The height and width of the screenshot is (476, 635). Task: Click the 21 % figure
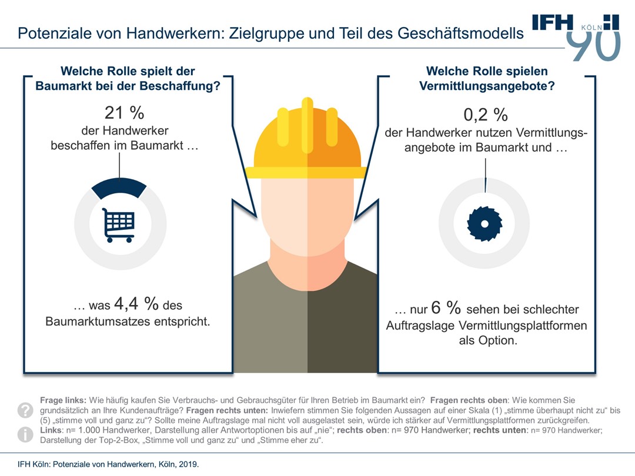[x=124, y=113]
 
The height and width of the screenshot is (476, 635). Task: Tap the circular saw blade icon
[x=485, y=224]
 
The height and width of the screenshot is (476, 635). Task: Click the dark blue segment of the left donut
[x=119, y=188]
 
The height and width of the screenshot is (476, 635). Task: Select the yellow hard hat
[x=306, y=141]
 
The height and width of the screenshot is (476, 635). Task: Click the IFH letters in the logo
[x=552, y=22]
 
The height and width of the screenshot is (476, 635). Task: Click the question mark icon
[x=26, y=410]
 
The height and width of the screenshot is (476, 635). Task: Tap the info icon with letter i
[x=26, y=434]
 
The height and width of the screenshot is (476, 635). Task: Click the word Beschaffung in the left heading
[x=185, y=86]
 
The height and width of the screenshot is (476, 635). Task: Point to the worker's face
[x=306, y=217]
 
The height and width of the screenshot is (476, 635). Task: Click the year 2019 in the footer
[x=188, y=464]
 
